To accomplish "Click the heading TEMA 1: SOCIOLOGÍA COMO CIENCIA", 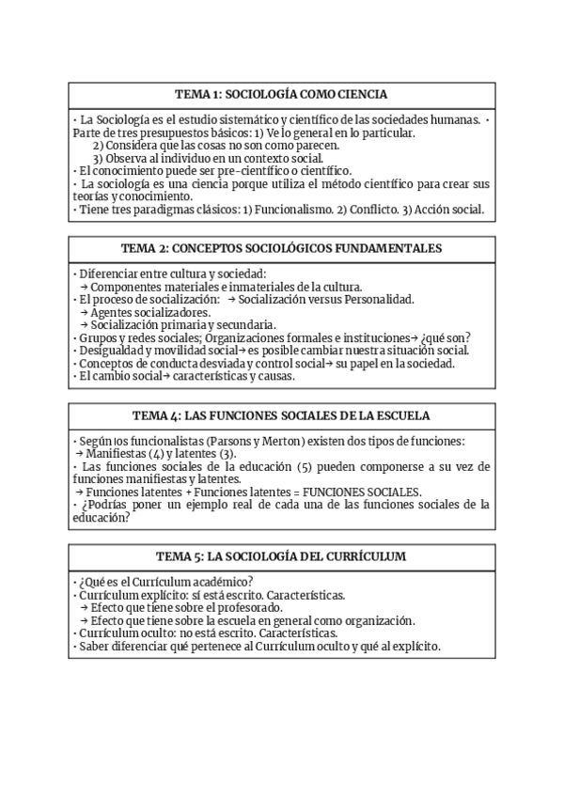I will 282,95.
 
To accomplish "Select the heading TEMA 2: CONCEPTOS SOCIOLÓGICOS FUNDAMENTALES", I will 282,249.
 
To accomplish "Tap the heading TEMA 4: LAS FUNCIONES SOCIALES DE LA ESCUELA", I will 282,416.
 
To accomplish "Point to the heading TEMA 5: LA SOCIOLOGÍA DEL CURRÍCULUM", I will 282,556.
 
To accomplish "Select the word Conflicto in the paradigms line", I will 376,210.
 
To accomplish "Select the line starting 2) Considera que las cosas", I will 216,146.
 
